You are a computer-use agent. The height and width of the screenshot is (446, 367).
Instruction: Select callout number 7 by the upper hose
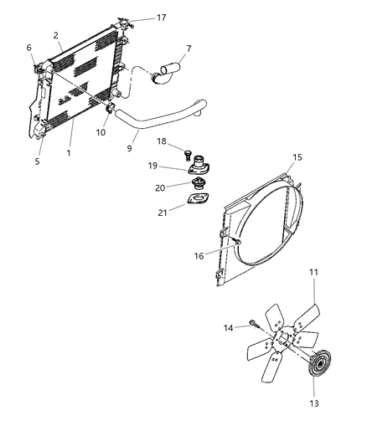click(x=188, y=49)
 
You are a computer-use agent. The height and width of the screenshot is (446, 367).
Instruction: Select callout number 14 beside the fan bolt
click(x=229, y=328)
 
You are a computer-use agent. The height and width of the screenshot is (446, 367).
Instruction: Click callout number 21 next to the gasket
click(x=173, y=213)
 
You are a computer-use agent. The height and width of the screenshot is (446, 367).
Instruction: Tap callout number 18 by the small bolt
click(x=163, y=141)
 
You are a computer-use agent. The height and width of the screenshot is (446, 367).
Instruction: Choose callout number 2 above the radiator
click(x=56, y=35)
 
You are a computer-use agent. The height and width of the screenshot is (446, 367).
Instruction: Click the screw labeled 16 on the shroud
click(x=238, y=242)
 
